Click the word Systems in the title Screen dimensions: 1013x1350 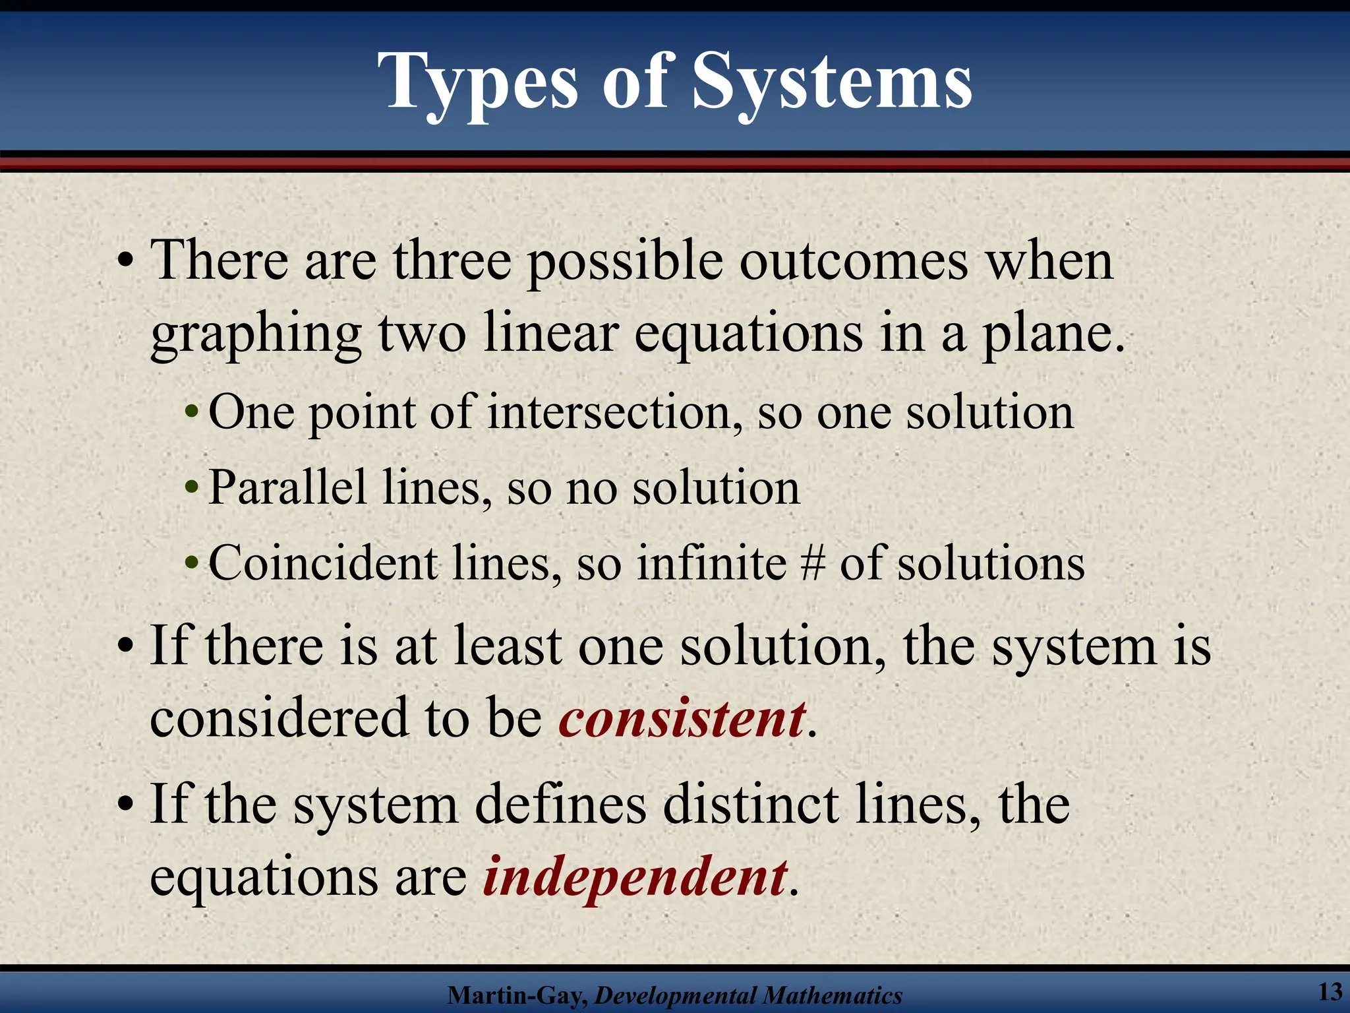click(x=832, y=82)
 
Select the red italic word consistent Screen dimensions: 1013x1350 click(x=682, y=718)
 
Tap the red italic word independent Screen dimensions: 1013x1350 click(x=635, y=877)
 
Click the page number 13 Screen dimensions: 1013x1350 click(x=1330, y=991)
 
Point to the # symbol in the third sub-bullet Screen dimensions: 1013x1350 click(x=813, y=564)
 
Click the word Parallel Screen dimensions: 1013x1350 click(x=287, y=488)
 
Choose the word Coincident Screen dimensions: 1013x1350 click(x=323, y=564)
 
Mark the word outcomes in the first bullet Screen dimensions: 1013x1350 click(x=854, y=261)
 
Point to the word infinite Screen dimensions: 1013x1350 click(x=711, y=564)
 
